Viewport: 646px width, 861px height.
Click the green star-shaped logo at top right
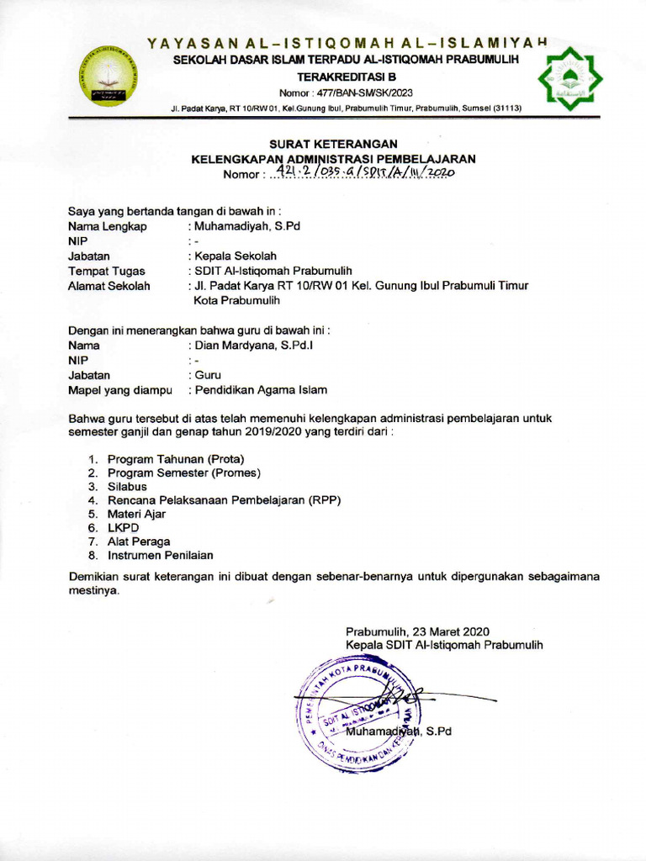pos(570,81)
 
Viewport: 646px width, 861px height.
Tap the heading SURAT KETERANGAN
pos(332,145)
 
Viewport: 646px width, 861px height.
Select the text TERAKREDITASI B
pos(346,77)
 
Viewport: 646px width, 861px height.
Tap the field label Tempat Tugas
pos(106,271)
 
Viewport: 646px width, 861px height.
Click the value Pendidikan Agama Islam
pos(261,390)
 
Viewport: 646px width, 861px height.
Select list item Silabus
pos(127,486)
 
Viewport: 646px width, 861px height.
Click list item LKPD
pos(124,527)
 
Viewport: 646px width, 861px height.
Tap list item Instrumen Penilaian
pos(160,555)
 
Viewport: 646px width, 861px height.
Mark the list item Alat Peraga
pos(139,541)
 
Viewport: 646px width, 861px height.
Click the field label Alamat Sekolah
pos(109,286)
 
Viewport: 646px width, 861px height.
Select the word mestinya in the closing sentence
pos(92,590)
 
